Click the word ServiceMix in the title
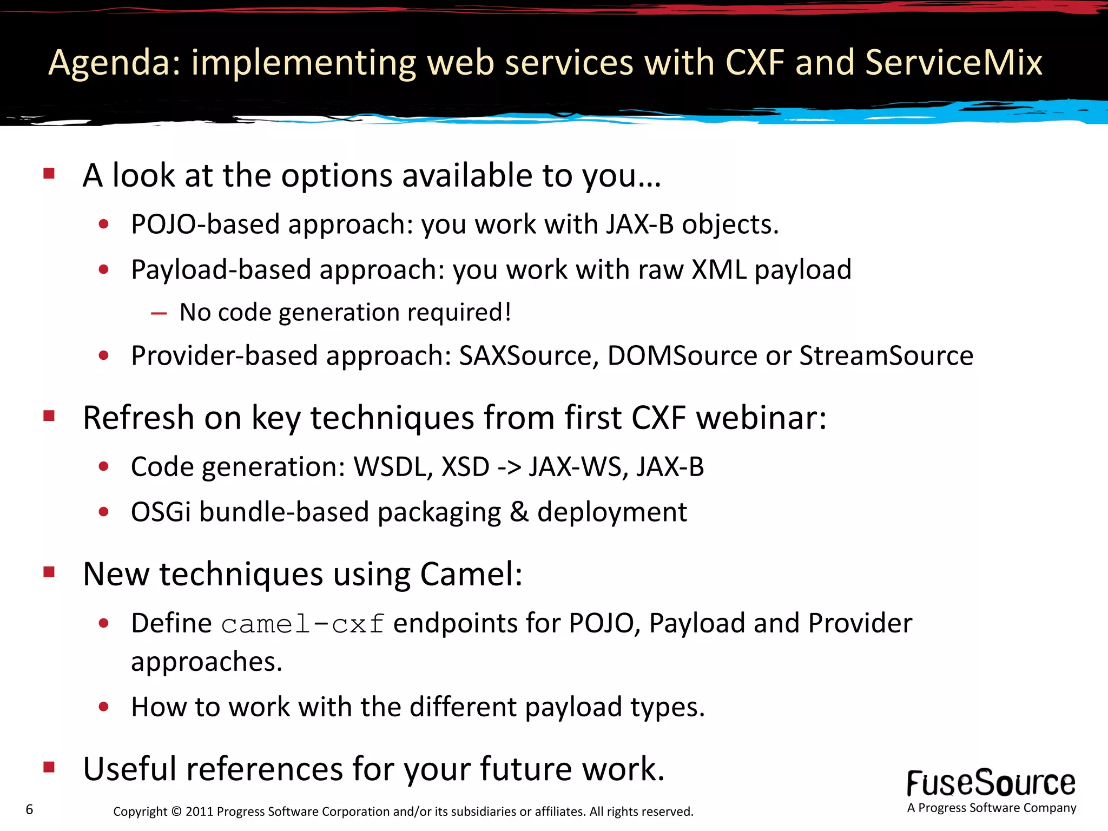(x=953, y=62)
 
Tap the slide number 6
(x=29, y=809)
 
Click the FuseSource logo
(x=991, y=784)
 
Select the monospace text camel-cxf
(x=302, y=624)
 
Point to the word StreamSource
(x=886, y=356)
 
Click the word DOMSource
(x=682, y=356)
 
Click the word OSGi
(x=161, y=512)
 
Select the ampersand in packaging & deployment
(x=519, y=512)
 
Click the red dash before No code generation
(x=159, y=313)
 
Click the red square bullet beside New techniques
(x=49, y=572)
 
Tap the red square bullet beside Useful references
(x=49, y=767)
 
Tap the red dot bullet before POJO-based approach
(x=104, y=224)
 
